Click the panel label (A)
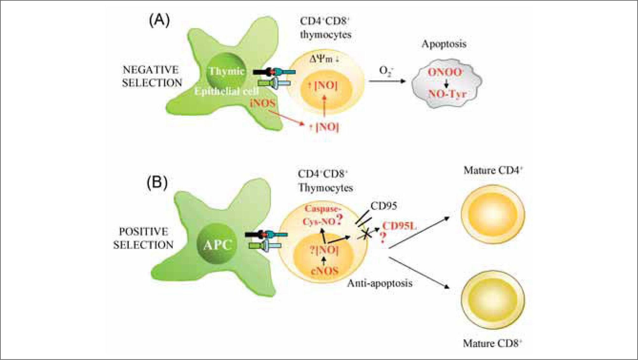(x=159, y=21)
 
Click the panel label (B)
(x=157, y=183)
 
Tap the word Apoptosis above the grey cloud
(x=444, y=44)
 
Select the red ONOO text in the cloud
(x=444, y=72)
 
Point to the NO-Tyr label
(x=447, y=94)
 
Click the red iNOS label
(x=263, y=103)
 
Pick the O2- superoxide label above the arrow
(x=387, y=71)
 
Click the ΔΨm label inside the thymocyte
(x=324, y=59)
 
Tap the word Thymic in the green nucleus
(x=226, y=71)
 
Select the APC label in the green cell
(x=218, y=245)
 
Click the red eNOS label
(x=324, y=271)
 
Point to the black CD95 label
(x=384, y=206)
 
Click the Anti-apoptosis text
(x=379, y=283)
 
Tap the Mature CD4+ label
(x=493, y=170)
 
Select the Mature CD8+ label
(x=492, y=343)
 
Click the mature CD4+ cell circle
(x=493, y=214)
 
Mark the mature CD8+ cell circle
(x=493, y=300)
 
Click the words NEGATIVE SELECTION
(x=152, y=76)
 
